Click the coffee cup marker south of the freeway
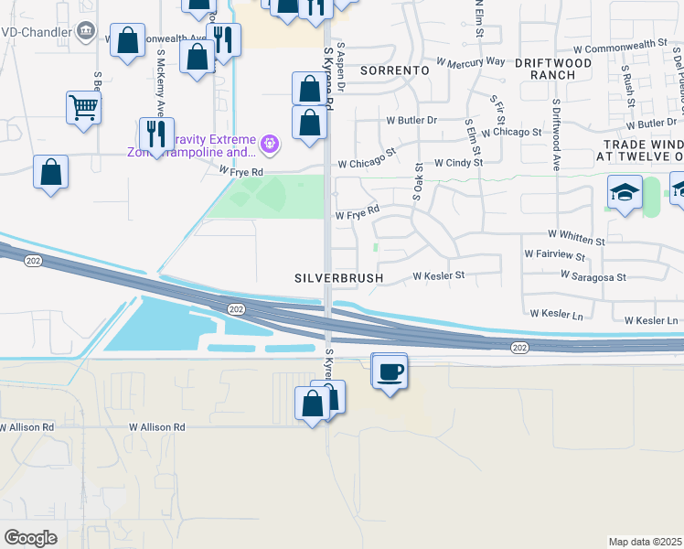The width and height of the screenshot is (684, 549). (x=390, y=371)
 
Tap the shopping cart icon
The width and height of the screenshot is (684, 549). (x=83, y=108)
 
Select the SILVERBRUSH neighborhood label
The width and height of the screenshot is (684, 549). (x=337, y=277)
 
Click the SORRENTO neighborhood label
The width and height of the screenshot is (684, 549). (x=395, y=70)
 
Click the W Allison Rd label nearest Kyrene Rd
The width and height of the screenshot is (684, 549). (x=156, y=427)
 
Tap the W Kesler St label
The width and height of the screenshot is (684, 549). (x=439, y=274)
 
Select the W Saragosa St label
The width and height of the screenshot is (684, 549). (x=593, y=276)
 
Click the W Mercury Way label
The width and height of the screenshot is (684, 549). (x=471, y=61)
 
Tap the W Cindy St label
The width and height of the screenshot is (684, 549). (x=458, y=162)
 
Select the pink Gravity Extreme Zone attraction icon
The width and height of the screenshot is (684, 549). (x=269, y=143)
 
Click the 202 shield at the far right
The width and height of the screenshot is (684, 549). (x=520, y=348)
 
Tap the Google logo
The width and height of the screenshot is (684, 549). (x=31, y=538)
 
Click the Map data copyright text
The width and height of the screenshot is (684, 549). (x=646, y=542)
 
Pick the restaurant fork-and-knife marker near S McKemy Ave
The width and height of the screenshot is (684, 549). (x=157, y=135)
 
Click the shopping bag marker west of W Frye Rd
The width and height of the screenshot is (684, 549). (x=51, y=172)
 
